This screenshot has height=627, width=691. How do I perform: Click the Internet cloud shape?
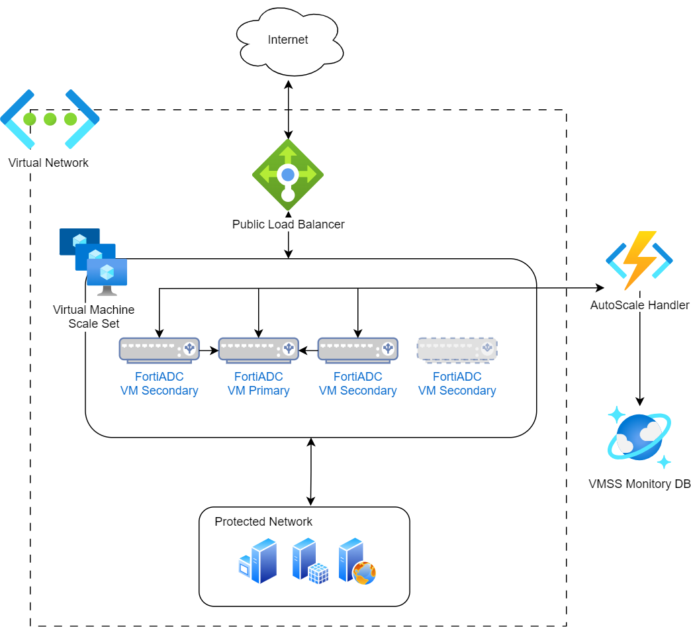coord(289,40)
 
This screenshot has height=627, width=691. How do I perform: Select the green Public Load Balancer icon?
coord(288,175)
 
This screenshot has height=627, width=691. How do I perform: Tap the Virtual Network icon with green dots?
coord(50,119)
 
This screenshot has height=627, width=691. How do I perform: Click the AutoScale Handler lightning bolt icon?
coord(639,260)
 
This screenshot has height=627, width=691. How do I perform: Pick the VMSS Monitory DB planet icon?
coord(639,438)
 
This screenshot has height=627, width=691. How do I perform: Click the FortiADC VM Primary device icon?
coord(258,350)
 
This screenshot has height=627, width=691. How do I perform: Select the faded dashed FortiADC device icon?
coord(457,350)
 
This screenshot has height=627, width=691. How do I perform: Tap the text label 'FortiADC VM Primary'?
coord(258,384)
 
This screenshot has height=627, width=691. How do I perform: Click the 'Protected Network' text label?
coord(263,522)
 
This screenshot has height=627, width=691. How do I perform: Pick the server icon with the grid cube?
coord(310,561)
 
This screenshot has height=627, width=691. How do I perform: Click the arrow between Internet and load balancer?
coord(288,110)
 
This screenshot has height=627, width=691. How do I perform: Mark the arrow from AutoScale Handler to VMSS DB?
coord(639,358)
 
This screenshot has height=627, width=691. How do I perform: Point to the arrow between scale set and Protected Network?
coord(311,471)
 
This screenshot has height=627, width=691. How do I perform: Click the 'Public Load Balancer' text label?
coord(288,224)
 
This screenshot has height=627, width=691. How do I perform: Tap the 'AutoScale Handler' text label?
coord(639,305)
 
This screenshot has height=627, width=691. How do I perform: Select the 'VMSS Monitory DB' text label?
coord(639,484)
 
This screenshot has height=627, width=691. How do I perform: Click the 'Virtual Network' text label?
coord(48,163)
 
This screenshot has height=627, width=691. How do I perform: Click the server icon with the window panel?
coord(258,561)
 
